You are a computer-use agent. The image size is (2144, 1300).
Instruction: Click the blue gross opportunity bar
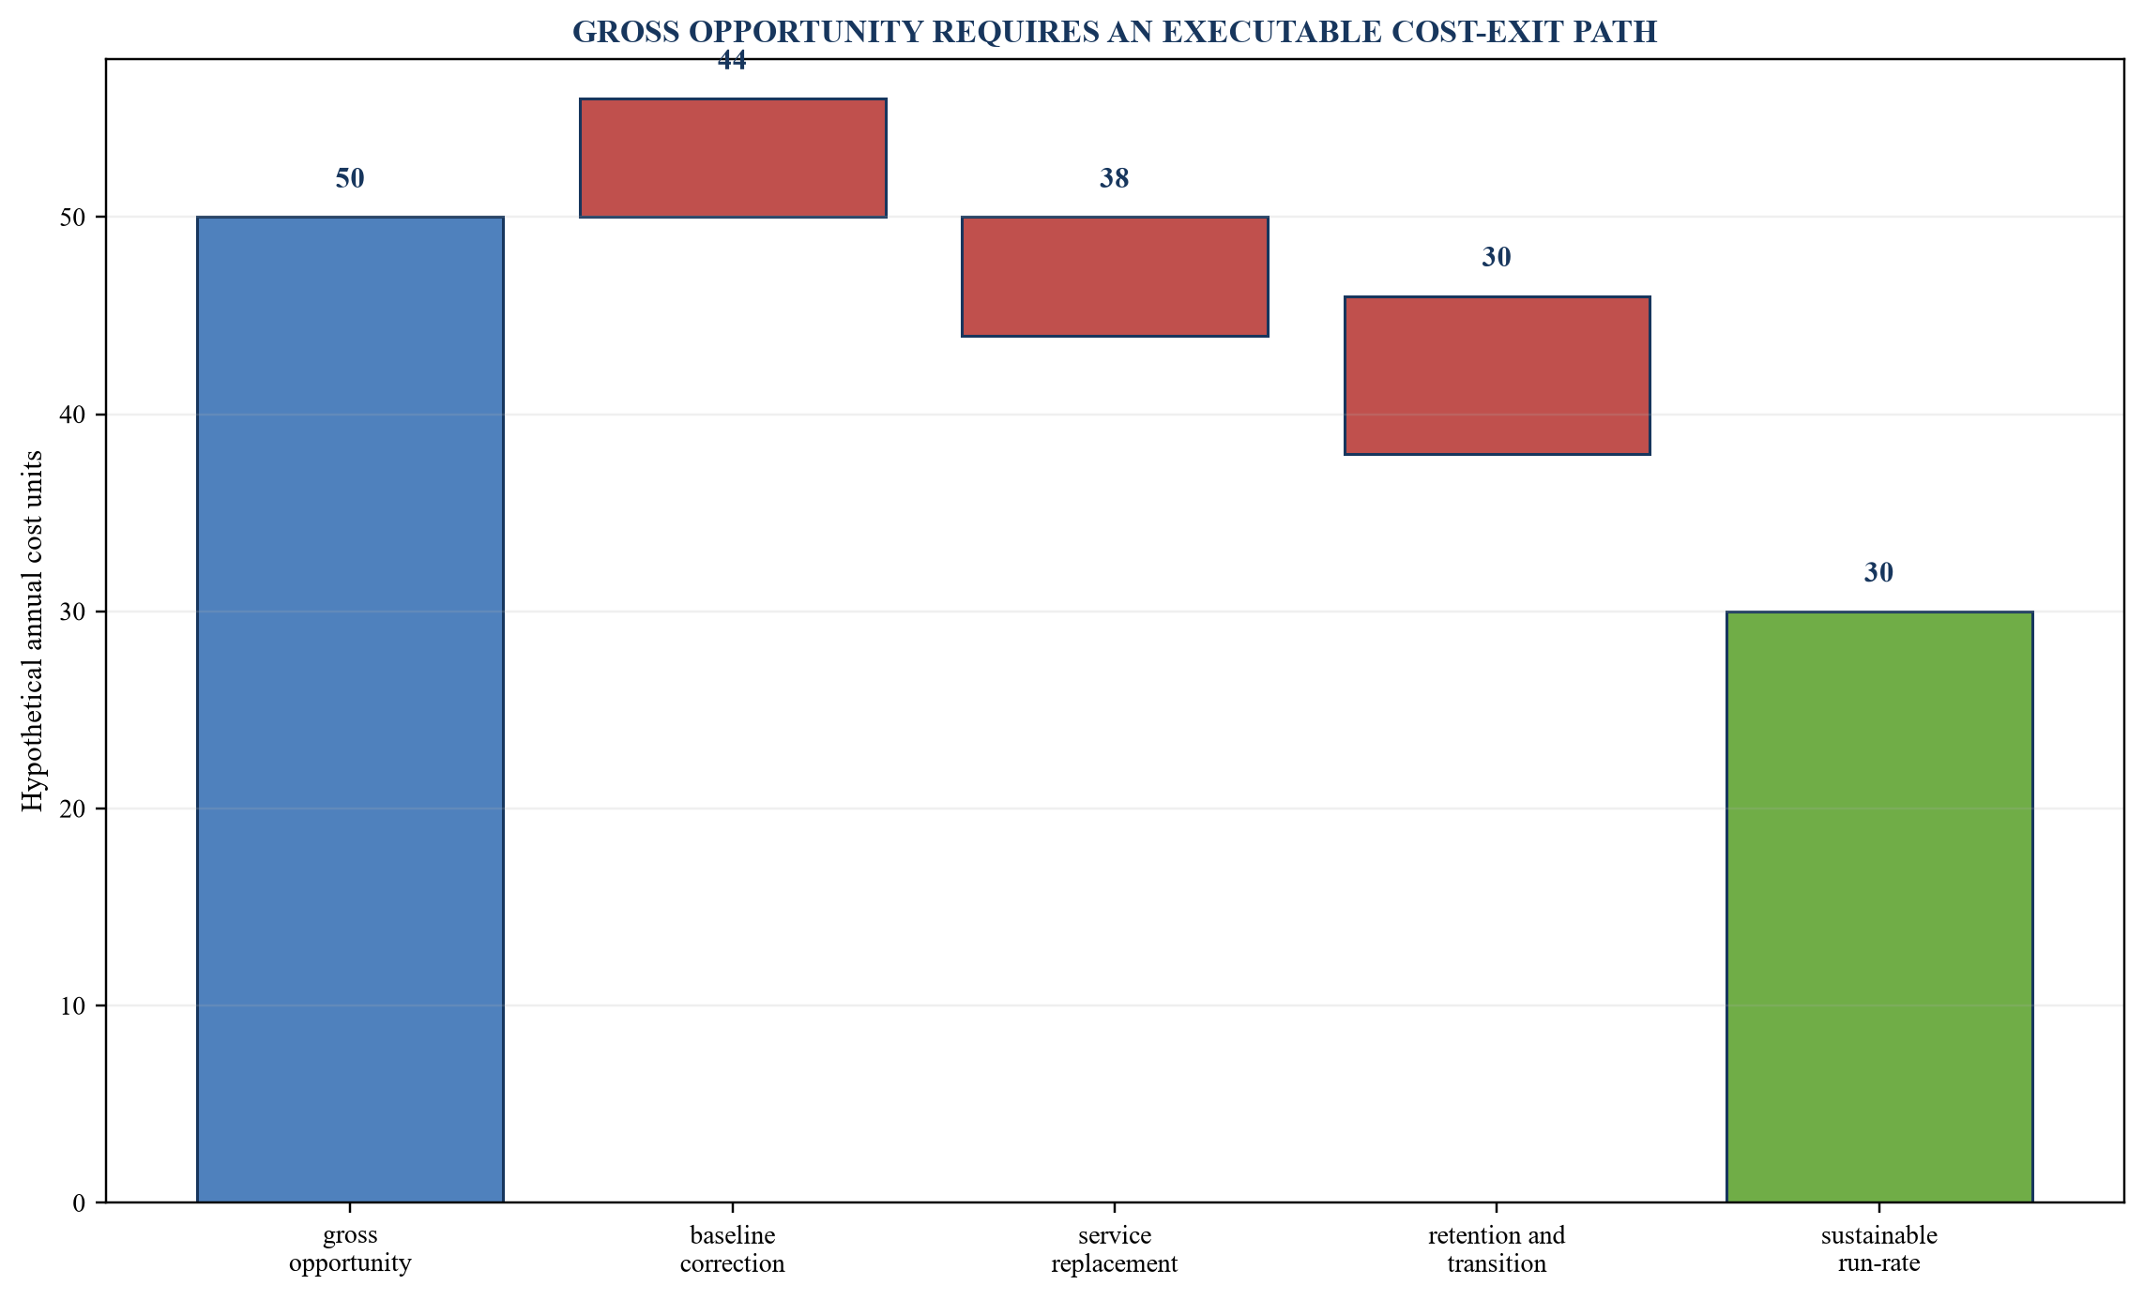350,709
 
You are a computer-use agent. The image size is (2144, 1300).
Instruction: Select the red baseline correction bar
733,158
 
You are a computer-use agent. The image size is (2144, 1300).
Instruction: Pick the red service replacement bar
1115,277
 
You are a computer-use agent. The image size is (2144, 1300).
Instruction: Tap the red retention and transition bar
1498,375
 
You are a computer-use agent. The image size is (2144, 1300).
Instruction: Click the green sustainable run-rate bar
1879,907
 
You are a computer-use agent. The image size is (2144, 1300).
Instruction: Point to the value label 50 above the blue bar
350,178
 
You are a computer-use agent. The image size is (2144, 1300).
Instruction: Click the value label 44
732,61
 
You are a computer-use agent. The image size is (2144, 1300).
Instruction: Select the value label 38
1115,178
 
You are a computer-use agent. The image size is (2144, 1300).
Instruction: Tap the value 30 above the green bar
1878,572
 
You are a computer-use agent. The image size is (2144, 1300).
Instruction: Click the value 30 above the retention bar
1497,257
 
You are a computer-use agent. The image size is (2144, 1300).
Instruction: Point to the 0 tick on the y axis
79,1203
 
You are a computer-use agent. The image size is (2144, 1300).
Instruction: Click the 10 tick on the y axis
73,1006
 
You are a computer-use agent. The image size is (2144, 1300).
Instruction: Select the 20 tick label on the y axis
73,809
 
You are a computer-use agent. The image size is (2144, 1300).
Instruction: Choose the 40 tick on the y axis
73,415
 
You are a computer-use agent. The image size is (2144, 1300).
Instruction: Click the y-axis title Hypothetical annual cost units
33,631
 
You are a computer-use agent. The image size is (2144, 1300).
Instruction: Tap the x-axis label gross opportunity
350,1249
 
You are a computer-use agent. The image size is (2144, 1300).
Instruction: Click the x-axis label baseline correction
733,1249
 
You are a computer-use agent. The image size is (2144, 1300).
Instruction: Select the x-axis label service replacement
1115,1249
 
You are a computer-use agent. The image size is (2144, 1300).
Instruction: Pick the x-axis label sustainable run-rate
1879,1249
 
